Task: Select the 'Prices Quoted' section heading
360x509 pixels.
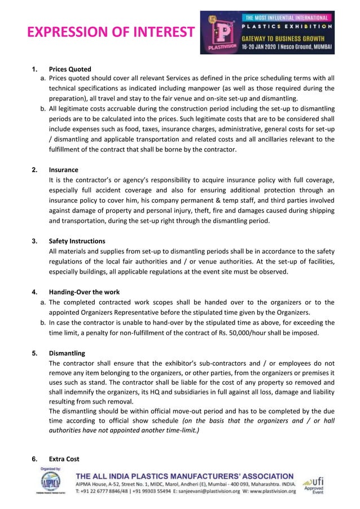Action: click(70, 69)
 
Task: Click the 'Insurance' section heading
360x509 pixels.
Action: click(63, 170)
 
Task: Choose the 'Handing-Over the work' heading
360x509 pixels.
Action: click(84, 292)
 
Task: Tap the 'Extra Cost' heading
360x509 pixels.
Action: click(64, 459)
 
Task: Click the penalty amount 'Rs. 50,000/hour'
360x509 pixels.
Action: click(230, 333)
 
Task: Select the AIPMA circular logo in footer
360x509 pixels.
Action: click(51, 482)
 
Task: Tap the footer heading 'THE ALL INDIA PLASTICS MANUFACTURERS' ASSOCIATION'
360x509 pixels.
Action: click(185, 476)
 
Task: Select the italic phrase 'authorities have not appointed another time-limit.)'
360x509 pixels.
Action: click(124, 431)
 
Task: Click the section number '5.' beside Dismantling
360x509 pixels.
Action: click(34, 354)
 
